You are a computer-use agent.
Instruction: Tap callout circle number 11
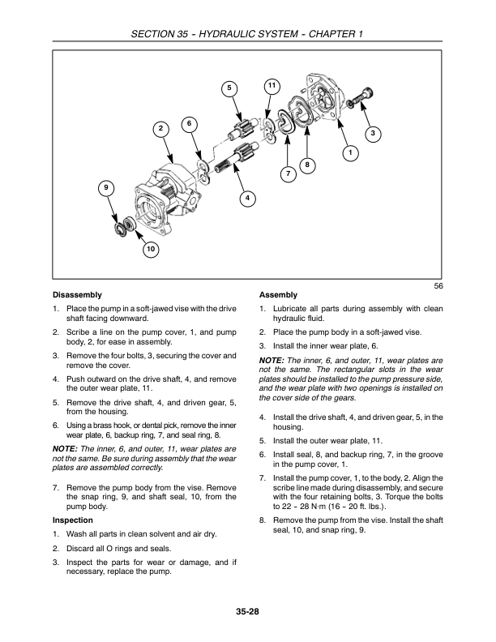(272, 85)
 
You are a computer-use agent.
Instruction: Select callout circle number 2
(160, 129)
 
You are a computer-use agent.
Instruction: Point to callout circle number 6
(189, 123)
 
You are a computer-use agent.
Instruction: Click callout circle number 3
(372, 132)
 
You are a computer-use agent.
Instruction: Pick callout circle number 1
(349, 152)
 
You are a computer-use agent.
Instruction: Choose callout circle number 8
(288, 174)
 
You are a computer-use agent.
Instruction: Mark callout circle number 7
(306, 165)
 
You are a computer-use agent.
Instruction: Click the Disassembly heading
(77, 294)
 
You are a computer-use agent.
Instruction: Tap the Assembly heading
(278, 294)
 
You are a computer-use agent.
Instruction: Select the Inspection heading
(73, 519)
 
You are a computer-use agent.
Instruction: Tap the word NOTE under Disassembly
(65, 448)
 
